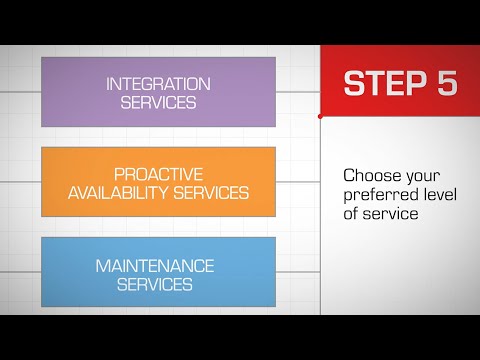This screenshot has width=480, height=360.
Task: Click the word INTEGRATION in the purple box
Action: [158, 83]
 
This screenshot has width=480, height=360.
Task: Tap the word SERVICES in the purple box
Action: [158, 101]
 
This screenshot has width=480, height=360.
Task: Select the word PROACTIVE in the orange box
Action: [158, 174]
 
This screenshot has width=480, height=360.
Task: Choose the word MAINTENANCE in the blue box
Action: [155, 266]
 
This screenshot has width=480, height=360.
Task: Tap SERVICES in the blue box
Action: [155, 284]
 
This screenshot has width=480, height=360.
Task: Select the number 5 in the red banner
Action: [446, 83]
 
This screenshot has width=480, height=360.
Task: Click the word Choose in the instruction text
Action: [367, 174]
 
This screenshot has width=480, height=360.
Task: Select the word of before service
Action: [352, 213]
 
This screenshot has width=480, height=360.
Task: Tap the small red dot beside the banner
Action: [320, 117]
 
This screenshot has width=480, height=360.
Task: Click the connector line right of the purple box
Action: [297, 92]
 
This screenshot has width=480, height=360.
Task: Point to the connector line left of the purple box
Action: [20, 92]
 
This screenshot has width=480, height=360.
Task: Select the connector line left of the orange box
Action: [20, 183]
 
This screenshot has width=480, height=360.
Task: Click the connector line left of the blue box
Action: [20, 272]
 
